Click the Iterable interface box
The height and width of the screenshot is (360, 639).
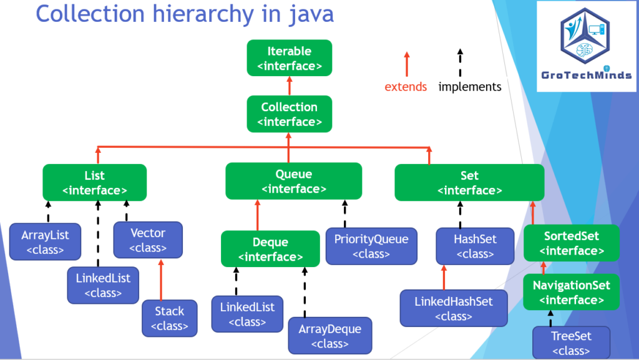290,58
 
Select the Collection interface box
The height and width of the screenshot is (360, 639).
290,114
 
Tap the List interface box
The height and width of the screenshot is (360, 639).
95,182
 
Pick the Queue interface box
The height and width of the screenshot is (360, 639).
294,181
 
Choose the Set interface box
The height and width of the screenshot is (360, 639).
469,182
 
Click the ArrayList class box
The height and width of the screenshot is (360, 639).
45,241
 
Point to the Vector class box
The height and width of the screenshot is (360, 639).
148,240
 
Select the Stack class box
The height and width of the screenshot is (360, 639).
170,318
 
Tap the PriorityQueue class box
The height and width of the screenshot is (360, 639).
371,246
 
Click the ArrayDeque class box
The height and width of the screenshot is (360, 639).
330,336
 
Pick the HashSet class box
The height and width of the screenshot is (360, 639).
475,246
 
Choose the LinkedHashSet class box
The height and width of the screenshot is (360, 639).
454,308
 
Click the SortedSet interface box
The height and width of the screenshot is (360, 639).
572,243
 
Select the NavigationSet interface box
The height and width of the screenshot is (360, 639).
572,292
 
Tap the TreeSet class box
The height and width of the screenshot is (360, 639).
572,343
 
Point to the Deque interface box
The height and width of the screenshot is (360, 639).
271,249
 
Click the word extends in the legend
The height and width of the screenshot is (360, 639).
406,87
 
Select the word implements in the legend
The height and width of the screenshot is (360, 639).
470,87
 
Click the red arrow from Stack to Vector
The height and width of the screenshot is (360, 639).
161,280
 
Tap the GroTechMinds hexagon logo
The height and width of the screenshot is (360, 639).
585,36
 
